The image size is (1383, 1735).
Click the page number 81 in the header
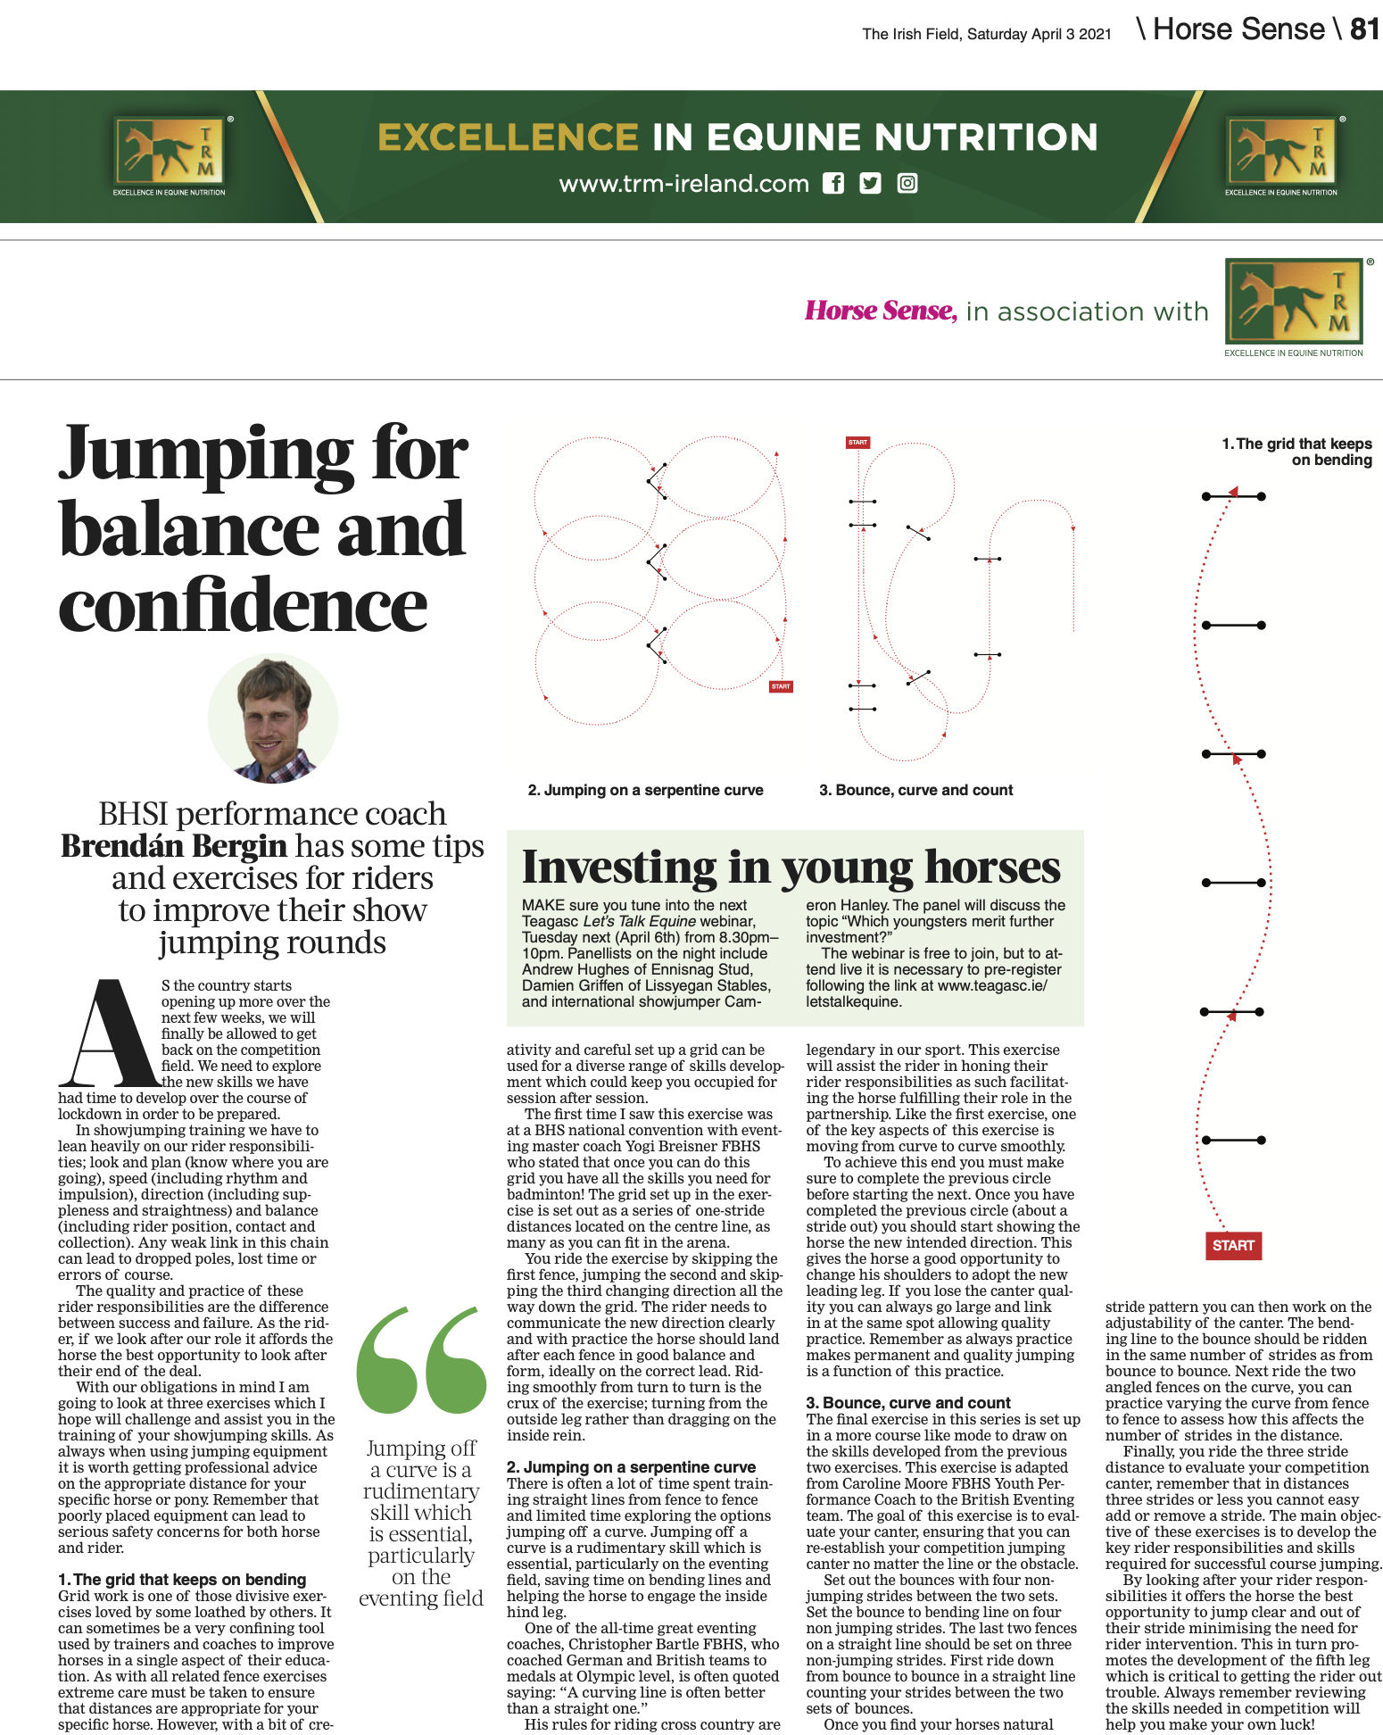tap(1364, 29)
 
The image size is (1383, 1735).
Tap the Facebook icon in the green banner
tap(832, 184)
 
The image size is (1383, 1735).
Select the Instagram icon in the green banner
tap(907, 184)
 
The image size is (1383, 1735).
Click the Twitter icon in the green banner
tap(870, 184)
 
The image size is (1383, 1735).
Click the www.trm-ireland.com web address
tap(683, 184)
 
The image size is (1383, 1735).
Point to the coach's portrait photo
tap(273, 719)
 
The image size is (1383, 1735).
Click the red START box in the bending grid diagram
tap(1234, 1245)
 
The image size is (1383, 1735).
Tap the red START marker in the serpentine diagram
tap(781, 686)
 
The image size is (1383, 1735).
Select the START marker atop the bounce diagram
tap(857, 443)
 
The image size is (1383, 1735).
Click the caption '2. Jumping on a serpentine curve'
tap(645, 790)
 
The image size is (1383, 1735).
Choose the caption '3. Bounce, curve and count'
tap(915, 790)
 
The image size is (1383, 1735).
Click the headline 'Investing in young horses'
tap(791, 867)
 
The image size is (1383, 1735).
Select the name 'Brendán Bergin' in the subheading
tap(174, 846)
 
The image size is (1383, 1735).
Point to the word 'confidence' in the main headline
tap(243, 606)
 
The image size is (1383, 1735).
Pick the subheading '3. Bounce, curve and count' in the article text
tap(908, 1403)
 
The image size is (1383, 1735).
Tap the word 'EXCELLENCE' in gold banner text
tap(508, 137)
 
